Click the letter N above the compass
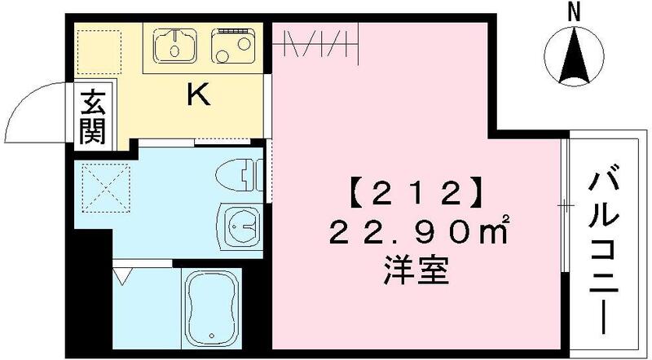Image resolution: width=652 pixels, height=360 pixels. pos(573,11)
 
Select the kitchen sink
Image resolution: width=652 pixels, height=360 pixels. pos(175,46)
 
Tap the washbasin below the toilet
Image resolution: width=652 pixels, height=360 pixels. pos(240,222)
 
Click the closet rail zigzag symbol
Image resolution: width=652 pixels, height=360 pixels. pos(318,42)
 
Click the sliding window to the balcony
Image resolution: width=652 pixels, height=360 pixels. pos(563,209)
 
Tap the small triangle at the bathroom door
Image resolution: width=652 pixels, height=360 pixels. pos(122,274)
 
